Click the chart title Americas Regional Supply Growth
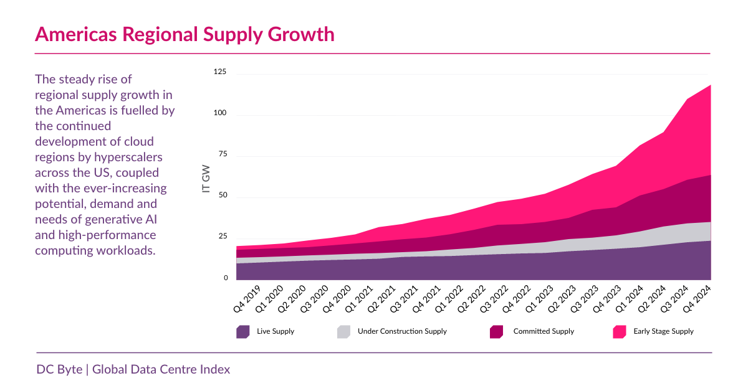point(185,34)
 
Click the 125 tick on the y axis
point(220,73)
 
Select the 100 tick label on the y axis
point(220,114)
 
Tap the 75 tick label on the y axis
point(223,155)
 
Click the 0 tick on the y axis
point(226,278)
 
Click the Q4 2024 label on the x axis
point(698,298)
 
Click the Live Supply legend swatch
point(243,332)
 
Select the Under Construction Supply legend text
point(402,332)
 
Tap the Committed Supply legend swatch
point(496,332)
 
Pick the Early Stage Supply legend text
point(663,332)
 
